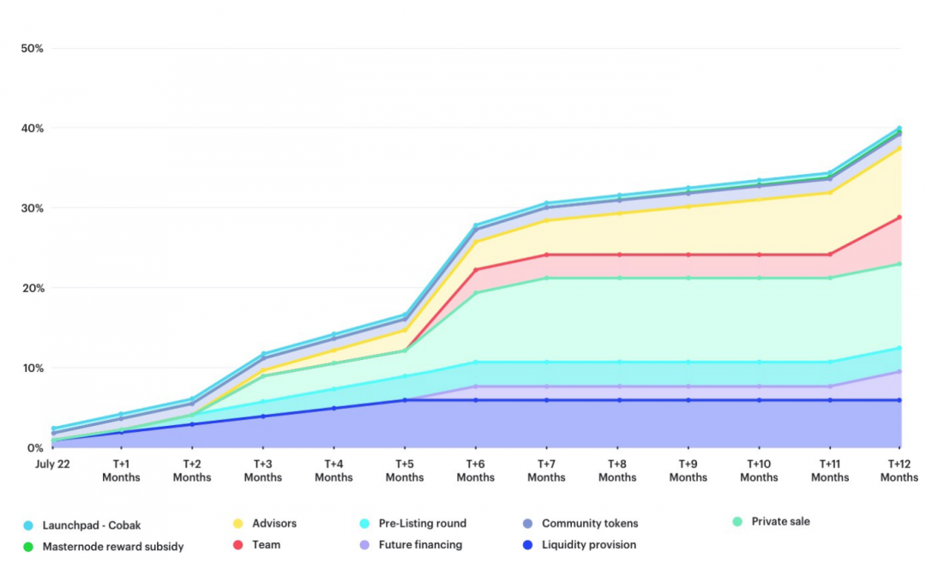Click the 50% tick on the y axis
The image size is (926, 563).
32,48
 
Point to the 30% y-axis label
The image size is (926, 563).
32,208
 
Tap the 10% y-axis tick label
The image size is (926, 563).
32,368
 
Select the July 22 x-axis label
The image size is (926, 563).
51,464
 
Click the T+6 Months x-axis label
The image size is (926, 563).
476,470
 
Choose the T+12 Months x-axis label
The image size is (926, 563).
899,470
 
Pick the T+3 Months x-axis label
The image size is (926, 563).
263,470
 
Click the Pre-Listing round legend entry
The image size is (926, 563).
420,524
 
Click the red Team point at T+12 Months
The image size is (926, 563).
899,218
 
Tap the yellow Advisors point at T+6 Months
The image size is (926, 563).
476,242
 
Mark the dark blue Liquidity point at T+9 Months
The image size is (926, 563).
688,400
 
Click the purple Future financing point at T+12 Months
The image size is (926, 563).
899,372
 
